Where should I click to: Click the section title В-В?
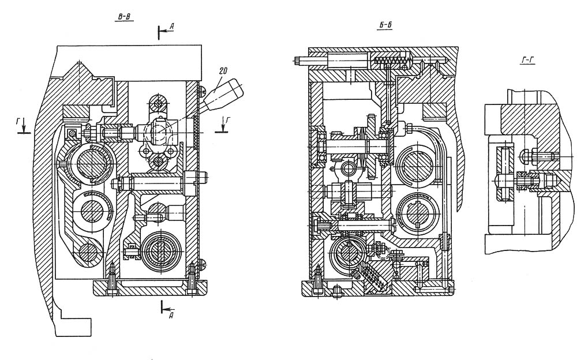[x=123, y=17]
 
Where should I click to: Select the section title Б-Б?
[x=385, y=25]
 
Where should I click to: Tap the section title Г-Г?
[x=527, y=60]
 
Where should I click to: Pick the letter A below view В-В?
[x=171, y=316]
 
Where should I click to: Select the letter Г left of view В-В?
[x=18, y=121]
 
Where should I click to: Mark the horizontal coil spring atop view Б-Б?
[x=391, y=59]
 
